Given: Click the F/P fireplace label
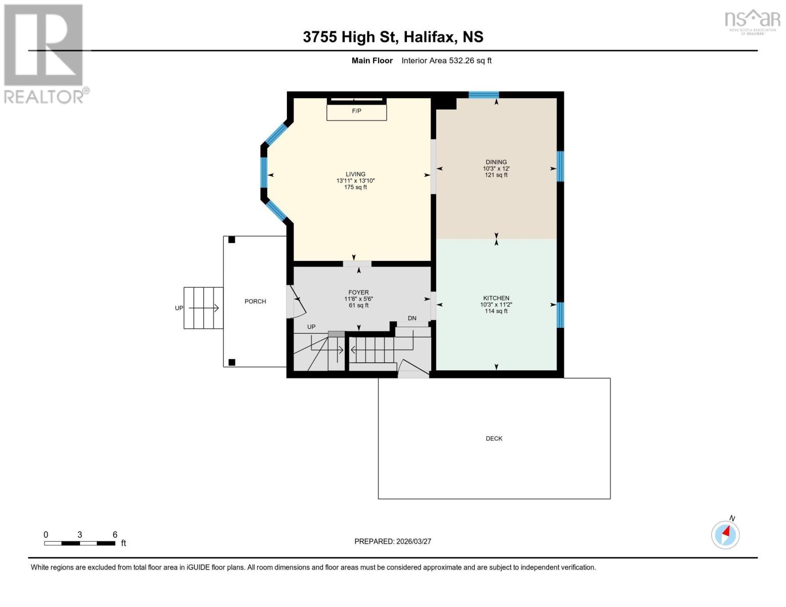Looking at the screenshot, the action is [x=356, y=111].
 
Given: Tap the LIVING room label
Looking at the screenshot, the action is [x=356, y=174].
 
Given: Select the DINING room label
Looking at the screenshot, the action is [x=497, y=162].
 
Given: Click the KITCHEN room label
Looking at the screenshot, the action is [x=497, y=298].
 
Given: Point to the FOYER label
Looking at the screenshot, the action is [x=358, y=292].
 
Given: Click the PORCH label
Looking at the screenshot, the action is [x=255, y=301].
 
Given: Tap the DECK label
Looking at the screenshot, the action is [x=494, y=438].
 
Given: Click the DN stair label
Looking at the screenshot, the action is [x=412, y=318].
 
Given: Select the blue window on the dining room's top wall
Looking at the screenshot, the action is [x=484, y=95].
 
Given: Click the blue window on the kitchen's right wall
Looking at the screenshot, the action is [x=560, y=315].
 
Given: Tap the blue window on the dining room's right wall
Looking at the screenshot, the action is [x=560, y=166].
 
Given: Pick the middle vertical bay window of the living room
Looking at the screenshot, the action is [x=264, y=172].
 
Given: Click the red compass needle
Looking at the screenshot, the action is [x=726, y=532].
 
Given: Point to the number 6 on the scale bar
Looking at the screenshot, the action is [x=115, y=534].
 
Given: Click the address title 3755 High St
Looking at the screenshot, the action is [x=350, y=37].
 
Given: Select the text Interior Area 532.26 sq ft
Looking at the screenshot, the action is [x=446, y=60].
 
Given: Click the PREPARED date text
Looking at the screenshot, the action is [x=392, y=541].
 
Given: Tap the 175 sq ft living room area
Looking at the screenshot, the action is [x=356, y=187].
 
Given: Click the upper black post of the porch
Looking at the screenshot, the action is [x=231, y=240].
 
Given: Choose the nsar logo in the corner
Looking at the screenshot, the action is [x=752, y=22].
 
